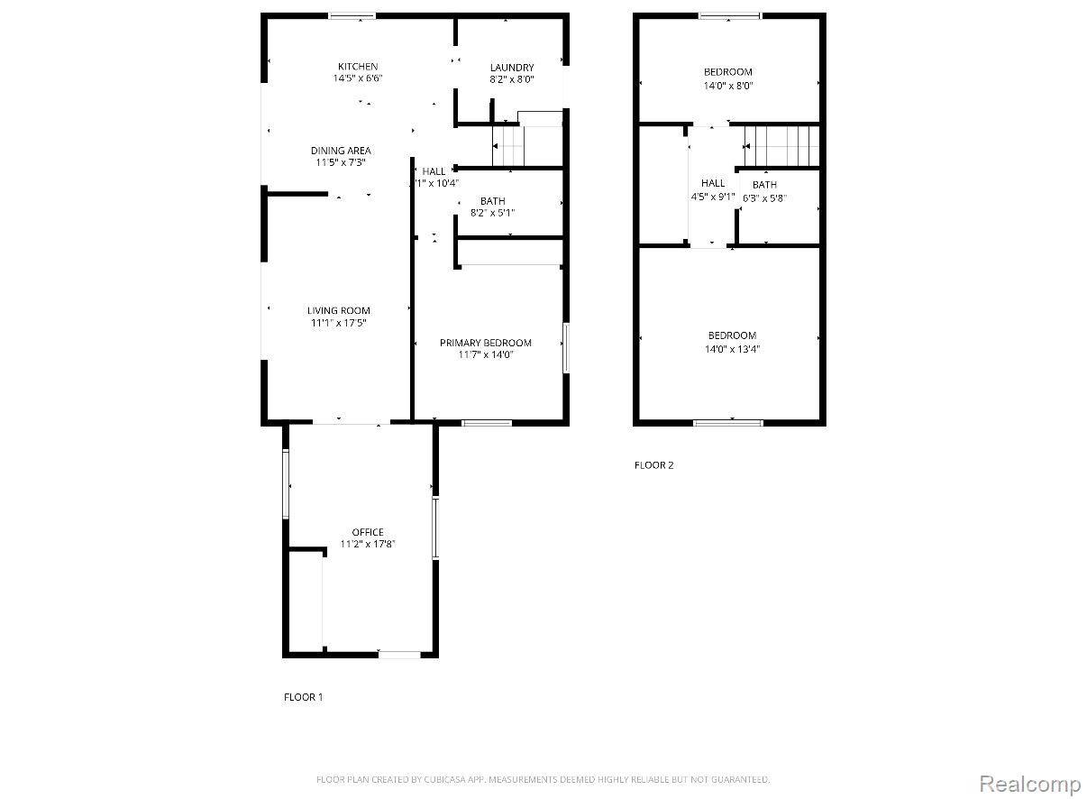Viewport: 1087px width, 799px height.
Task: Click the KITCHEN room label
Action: coord(358,67)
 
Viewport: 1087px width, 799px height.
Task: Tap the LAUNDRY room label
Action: coord(512,68)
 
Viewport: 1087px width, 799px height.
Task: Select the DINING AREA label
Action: coord(341,151)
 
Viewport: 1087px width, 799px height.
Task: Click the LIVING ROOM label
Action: coord(339,311)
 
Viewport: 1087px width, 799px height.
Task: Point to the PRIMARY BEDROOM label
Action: coord(485,343)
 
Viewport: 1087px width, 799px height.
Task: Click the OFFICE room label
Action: coord(368,532)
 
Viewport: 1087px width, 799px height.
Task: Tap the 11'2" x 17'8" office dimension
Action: coord(368,544)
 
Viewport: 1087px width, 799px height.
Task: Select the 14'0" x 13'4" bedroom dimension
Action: coord(731,349)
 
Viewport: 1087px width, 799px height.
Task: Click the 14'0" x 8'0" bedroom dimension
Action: coord(727,86)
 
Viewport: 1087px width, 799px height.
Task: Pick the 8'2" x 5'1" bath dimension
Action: coord(492,213)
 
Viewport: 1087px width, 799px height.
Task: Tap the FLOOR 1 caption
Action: coord(303,697)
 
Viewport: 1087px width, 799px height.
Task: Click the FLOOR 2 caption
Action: coord(653,465)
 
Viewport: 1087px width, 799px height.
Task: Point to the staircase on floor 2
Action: coord(781,146)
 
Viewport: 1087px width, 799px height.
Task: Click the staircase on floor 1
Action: coord(507,146)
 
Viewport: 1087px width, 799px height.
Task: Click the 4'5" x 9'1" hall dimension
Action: coord(713,196)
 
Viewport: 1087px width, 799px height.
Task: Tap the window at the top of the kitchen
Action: coord(352,15)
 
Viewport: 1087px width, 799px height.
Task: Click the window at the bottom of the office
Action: coord(399,654)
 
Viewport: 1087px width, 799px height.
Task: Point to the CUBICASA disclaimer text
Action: coord(543,778)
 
